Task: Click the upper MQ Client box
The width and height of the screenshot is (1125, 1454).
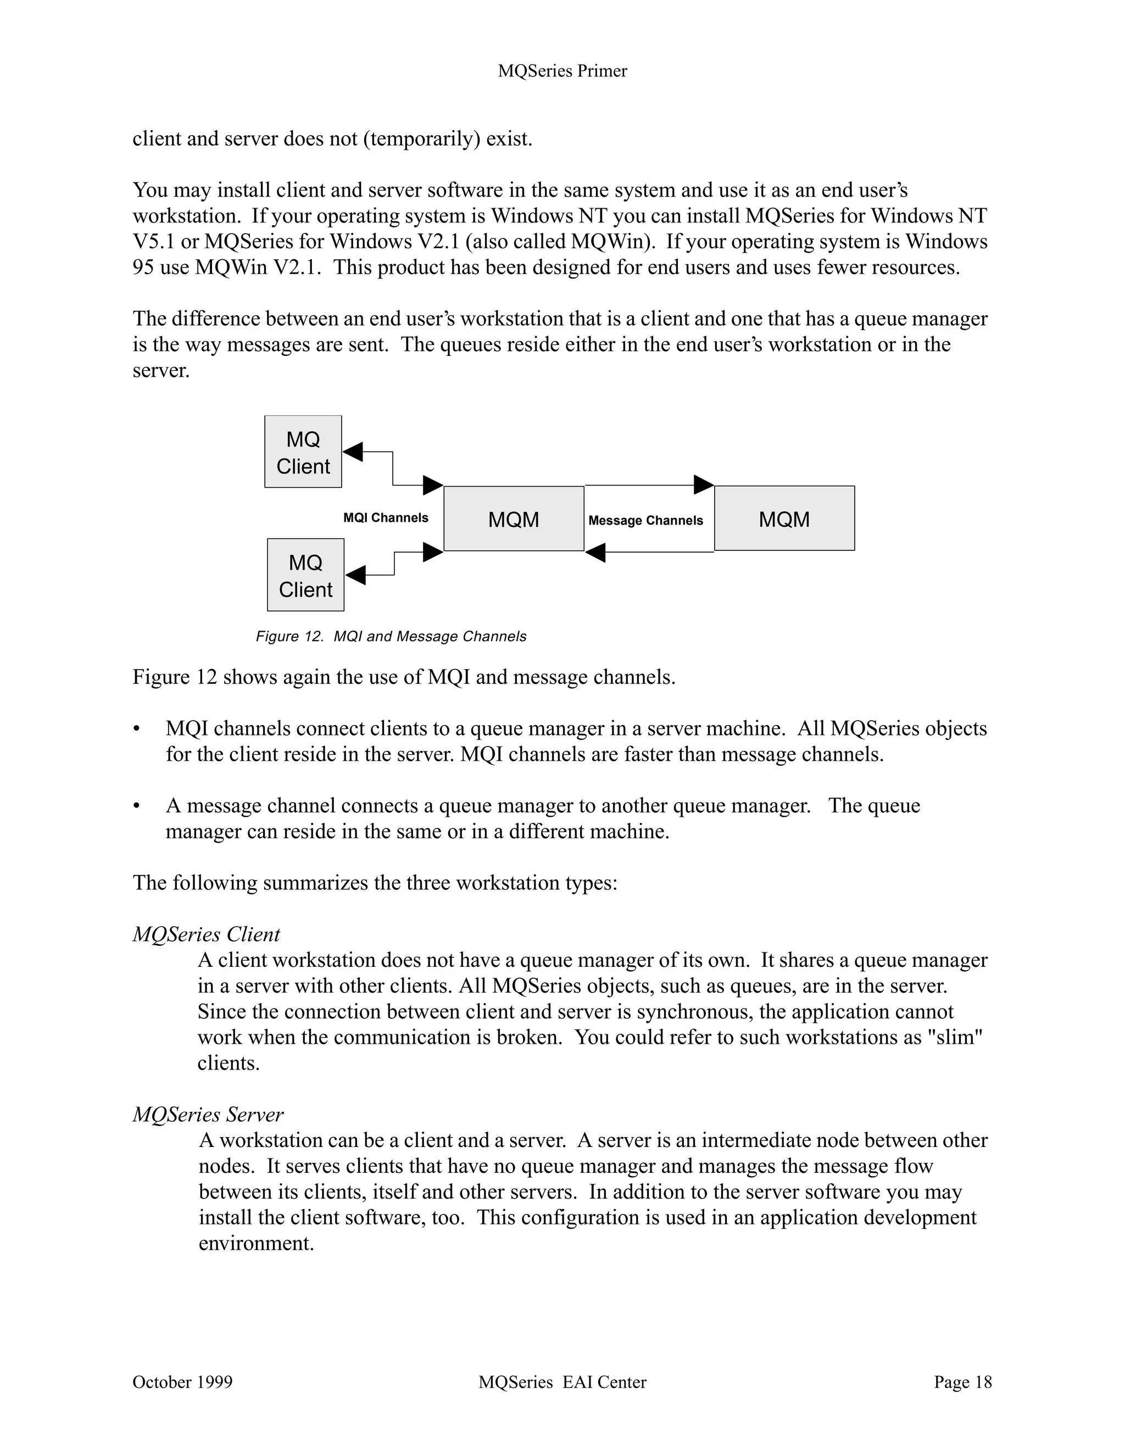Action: pyautogui.click(x=303, y=452)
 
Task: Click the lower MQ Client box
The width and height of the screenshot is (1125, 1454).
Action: pyautogui.click(x=305, y=575)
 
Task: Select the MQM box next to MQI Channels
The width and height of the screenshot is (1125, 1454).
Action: pyautogui.click(x=513, y=519)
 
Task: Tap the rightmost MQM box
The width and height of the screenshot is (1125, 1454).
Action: pyautogui.click(x=784, y=518)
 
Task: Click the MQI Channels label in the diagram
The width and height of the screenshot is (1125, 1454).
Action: pyautogui.click(x=386, y=518)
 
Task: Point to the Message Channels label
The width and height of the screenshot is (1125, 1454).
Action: pyautogui.click(x=645, y=521)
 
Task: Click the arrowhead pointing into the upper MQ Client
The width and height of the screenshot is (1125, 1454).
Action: pyautogui.click(x=353, y=452)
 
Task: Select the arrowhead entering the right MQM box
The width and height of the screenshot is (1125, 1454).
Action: pyautogui.click(x=703, y=484)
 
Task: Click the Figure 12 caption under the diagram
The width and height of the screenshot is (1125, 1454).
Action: pyautogui.click(x=391, y=637)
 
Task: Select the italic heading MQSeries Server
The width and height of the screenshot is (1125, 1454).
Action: pyautogui.click(x=208, y=1115)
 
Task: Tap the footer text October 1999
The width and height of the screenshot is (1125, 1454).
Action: pyautogui.click(x=182, y=1382)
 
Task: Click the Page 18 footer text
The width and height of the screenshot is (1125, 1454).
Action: pyautogui.click(x=962, y=1382)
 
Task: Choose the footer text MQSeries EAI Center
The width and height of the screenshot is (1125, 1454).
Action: pyautogui.click(x=562, y=1382)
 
